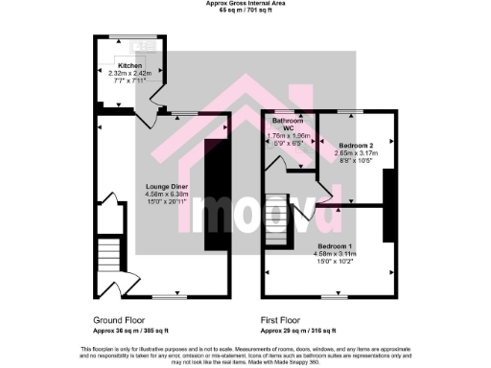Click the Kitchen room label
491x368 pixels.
point(129,65)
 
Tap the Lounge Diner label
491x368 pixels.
point(165,186)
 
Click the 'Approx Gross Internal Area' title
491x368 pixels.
point(245,3)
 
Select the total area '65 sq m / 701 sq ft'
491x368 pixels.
point(245,10)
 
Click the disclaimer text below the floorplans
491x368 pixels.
point(245,351)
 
